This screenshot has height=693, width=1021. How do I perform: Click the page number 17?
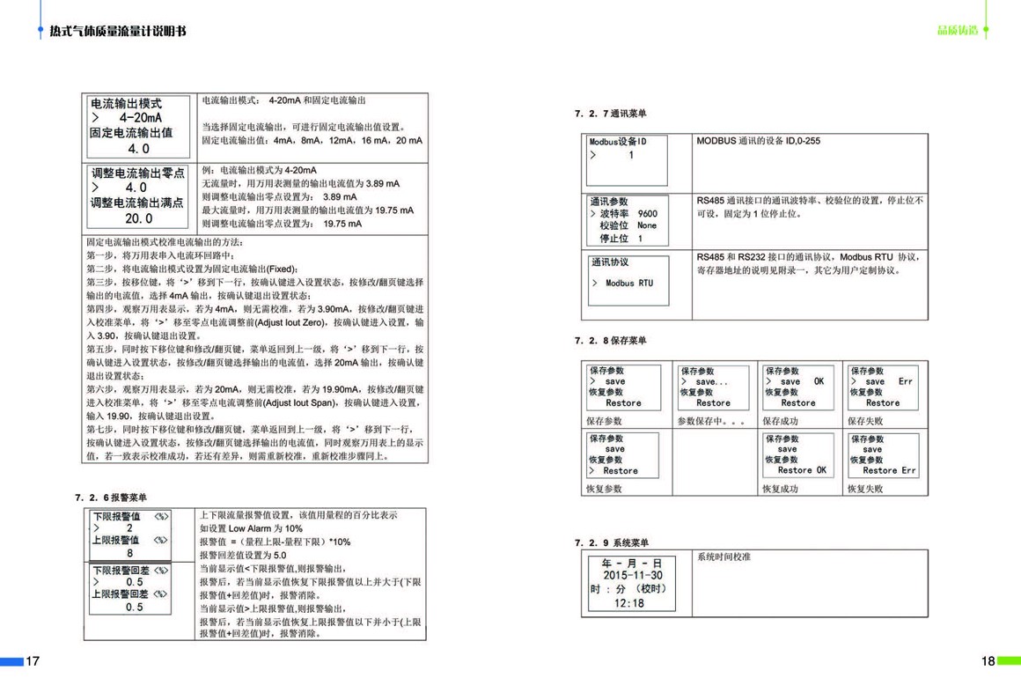[x=33, y=661]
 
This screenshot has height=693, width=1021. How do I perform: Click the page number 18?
[x=988, y=661]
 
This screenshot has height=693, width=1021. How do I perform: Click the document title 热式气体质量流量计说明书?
[x=118, y=32]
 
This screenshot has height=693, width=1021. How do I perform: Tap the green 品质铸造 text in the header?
[x=958, y=31]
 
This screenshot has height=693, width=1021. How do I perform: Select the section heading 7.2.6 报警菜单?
[x=112, y=498]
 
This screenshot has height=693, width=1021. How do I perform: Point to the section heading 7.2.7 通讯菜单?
[x=611, y=114]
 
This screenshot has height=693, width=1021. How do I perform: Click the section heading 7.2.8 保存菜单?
[x=611, y=340]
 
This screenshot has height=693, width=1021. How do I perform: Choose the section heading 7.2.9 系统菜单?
[x=611, y=542]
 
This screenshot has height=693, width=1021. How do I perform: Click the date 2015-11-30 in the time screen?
[x=632, y=576]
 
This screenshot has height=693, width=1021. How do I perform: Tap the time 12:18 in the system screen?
[x=628, y=603]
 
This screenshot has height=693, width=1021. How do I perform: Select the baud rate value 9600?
[x=647, y=214]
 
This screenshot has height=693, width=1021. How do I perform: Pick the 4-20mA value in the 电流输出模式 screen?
[x=141, y=118]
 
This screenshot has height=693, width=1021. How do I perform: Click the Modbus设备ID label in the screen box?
[x=618, y=142]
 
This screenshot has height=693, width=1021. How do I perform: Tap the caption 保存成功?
[x=780, y=421]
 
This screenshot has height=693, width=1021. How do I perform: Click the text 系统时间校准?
[x=724, y=557]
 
